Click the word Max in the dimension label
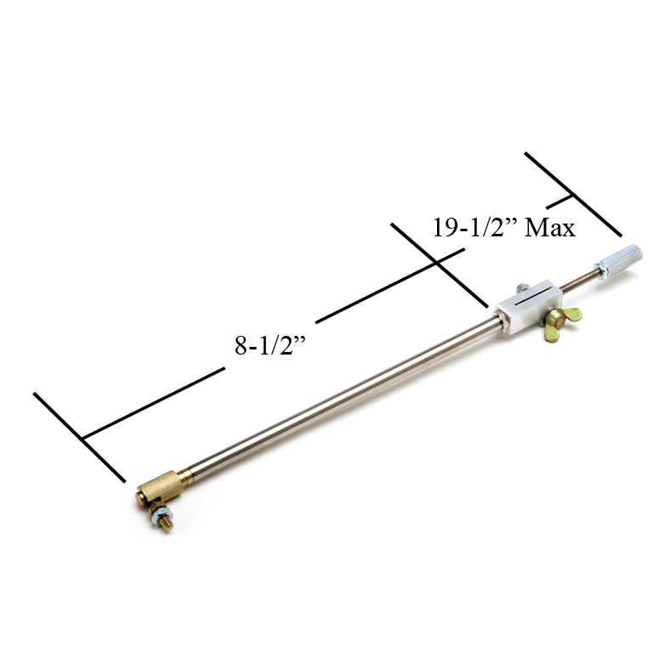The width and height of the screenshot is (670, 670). click(x=550, y=228)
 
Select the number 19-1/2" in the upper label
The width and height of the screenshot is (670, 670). click(x=474, y=228)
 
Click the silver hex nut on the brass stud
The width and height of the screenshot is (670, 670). click(x=159, y=514)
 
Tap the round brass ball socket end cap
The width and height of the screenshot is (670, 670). click(x=143, y=498)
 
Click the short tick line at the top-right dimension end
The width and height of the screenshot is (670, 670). click(x=574, y=195)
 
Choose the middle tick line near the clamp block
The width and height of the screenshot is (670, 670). click(x=438, y=264)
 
